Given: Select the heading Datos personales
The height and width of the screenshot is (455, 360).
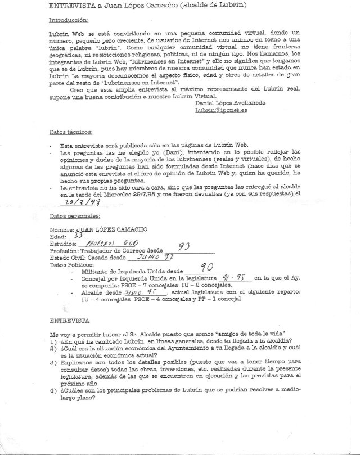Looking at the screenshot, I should (x=75, y=216).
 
